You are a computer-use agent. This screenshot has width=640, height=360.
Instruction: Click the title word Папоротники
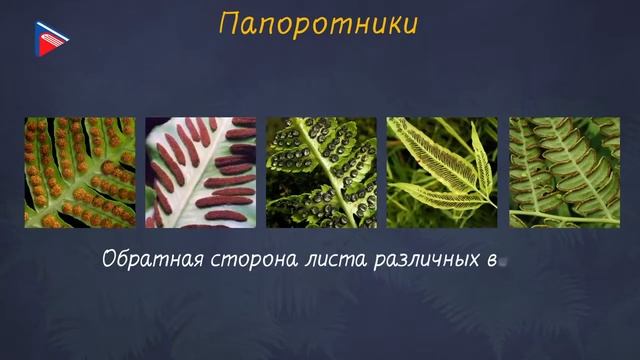coord(317,24)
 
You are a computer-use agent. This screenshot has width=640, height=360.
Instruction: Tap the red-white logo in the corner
coord(51,38)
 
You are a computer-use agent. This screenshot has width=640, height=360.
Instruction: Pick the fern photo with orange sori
coord(79,173)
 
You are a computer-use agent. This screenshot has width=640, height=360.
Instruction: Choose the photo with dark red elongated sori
coord(200,173)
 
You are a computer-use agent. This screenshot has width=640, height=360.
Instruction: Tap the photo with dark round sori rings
coord(321,173)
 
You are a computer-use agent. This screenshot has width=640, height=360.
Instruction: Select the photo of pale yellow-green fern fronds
coord(442,173)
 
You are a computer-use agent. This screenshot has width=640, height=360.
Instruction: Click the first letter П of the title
coord(227,23)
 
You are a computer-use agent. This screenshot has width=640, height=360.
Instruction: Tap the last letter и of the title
coord(410,25)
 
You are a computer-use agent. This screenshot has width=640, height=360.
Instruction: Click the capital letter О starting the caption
coord(110,261)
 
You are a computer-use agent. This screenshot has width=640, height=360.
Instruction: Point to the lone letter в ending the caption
coord(491,263)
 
